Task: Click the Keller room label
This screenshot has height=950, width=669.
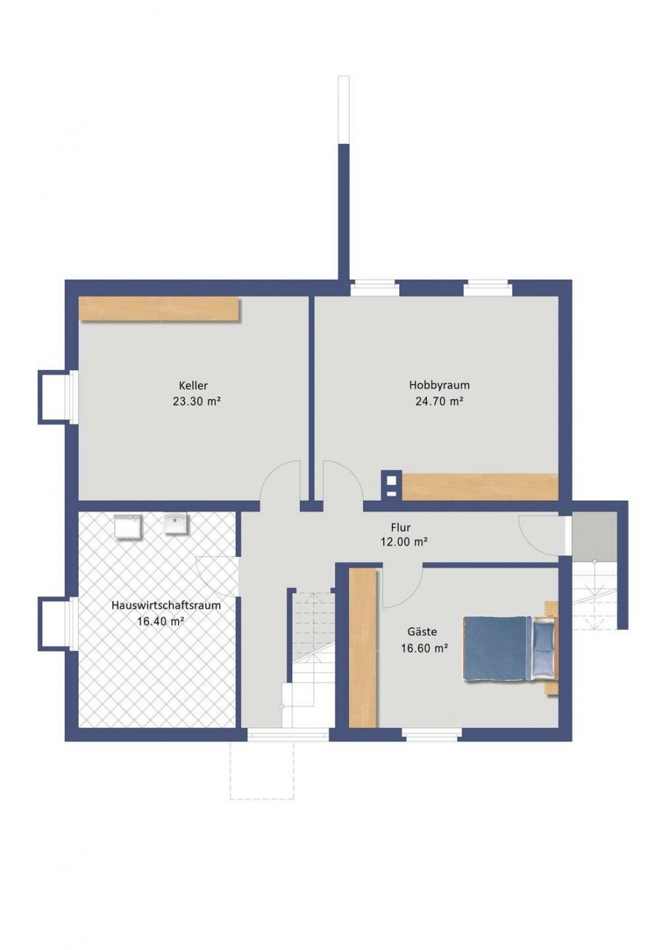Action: click(x=193, y=386)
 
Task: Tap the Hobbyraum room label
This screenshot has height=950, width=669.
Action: click(x=439, y=385)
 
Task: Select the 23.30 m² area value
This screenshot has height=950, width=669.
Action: click(x=197, y=401)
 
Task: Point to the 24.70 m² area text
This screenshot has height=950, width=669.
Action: click(x=438, y=401)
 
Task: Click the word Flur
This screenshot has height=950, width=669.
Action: click(x=401, y=527)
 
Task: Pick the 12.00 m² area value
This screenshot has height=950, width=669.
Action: click(x=403, y=542)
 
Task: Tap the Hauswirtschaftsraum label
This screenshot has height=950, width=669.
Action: click(x=166, y=605)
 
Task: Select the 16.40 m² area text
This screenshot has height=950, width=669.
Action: click(x=161, y=621)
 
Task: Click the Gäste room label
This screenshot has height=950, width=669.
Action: click(x=422, y=632)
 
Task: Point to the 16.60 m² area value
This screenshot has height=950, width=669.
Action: click(x=425, y=648)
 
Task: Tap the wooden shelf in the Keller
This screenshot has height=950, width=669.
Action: click(x=159, y=309)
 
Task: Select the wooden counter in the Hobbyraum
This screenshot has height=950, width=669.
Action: click(x=480, y=486)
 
